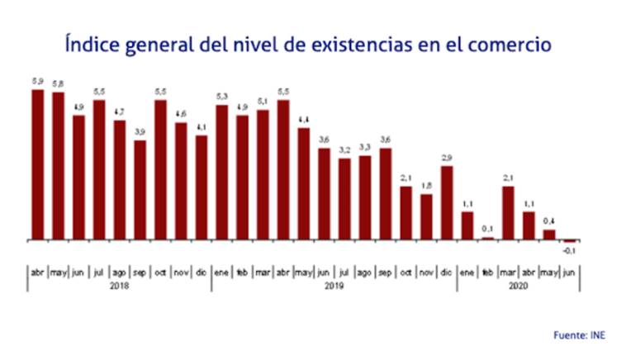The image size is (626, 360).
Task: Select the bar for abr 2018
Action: (38, 164)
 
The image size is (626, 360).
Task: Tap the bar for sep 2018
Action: (140, 190)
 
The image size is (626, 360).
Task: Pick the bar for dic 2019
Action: (447, 203)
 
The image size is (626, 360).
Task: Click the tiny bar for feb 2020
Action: (488, 239)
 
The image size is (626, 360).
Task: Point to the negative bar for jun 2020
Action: (570, 241)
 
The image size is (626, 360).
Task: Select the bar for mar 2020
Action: (508, 213)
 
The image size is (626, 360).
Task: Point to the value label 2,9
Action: (447, 158)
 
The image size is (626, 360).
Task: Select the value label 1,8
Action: (426, 186)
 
